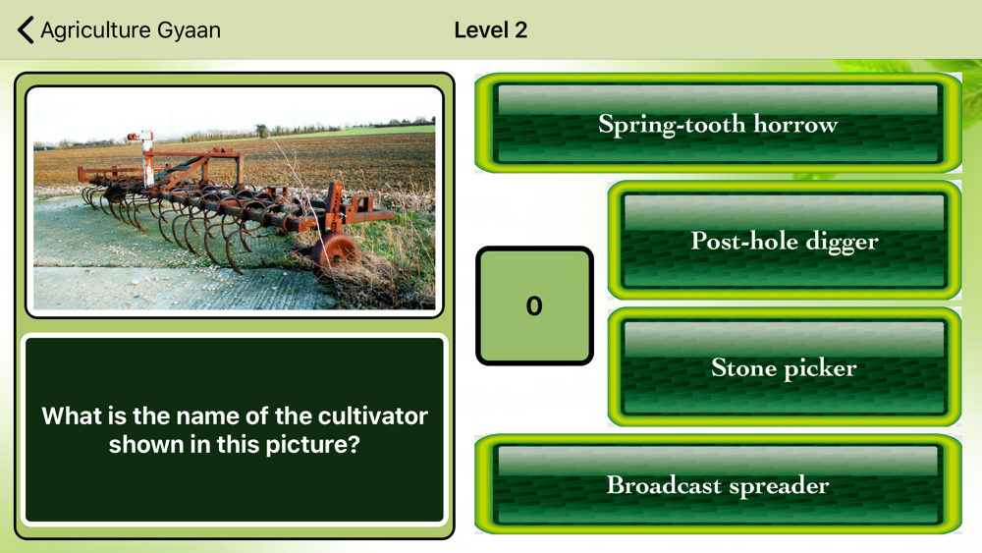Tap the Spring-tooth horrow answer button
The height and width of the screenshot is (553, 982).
(718, 123)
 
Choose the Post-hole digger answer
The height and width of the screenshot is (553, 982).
(784, 241)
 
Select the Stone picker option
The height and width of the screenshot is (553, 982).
(784, 367)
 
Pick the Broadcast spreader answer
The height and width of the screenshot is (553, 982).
(718, 484)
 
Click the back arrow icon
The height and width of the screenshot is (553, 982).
(26, 29)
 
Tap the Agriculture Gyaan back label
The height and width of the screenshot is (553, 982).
(131, 30)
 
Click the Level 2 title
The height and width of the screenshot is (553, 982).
(490, 30)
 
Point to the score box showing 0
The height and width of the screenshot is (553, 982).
(534, 305)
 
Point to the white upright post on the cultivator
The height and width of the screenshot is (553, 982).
(148, 159)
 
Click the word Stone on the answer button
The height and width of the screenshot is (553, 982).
(743, 367)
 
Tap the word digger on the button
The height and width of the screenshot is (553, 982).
(842, 242)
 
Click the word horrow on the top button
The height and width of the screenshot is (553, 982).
(795, 124)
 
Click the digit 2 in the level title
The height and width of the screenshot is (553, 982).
(521, 30)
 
